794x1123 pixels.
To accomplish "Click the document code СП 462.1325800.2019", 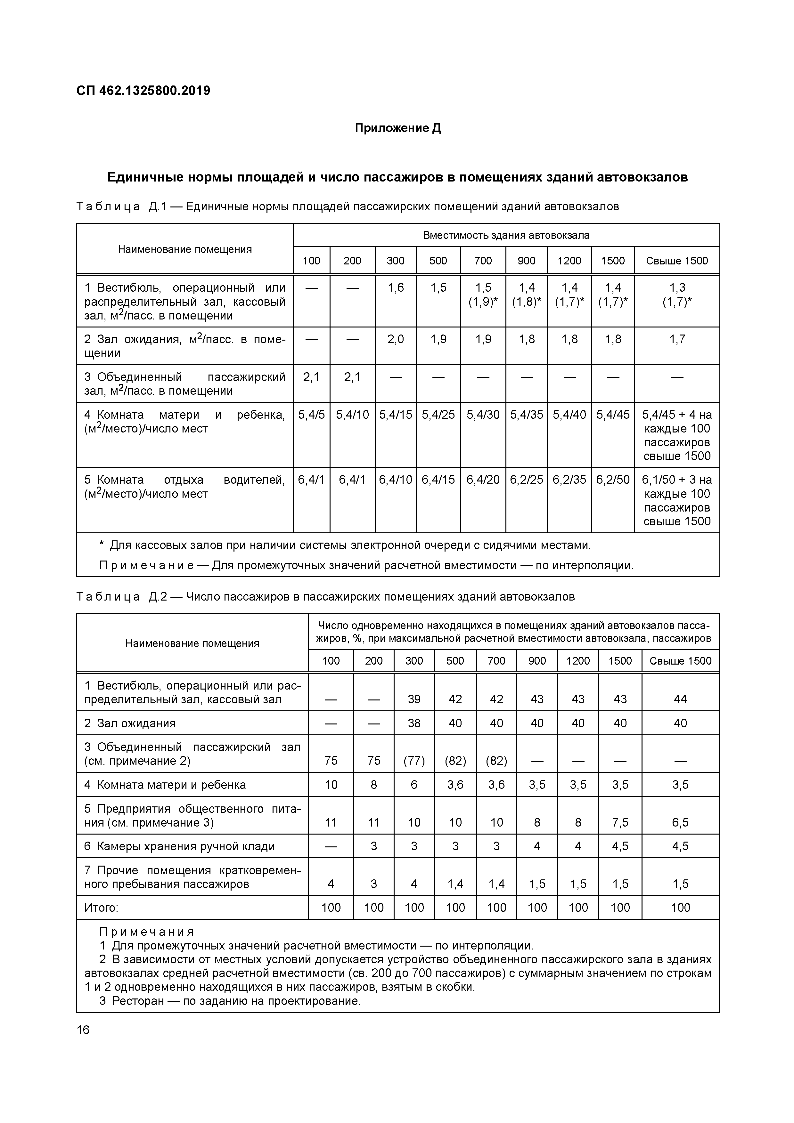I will pos(143,91).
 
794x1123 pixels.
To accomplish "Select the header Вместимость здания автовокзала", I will pos(506,235).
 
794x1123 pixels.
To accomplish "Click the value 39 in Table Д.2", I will pos(414,699).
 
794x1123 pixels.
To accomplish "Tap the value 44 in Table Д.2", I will pos(680,699).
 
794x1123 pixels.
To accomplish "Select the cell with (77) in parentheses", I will pos(414,761).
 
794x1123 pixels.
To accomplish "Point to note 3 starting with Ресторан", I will pos(230,1001).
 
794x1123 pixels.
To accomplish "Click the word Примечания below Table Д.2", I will pos(147,932).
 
